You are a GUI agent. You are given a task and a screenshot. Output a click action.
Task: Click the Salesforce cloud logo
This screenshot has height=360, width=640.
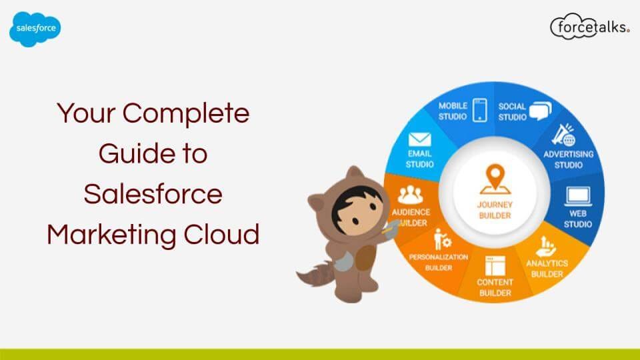point(35,30)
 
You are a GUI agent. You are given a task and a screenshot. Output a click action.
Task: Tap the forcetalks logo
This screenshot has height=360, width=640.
point(589,27)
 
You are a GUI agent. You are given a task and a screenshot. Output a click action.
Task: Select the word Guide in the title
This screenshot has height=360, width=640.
point(131,153)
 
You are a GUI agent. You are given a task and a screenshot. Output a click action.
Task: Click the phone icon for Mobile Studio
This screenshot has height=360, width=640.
point(479,110)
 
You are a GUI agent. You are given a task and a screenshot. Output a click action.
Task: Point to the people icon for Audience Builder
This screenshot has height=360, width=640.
point(411,195)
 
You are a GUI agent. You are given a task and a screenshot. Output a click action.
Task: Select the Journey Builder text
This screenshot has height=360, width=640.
point(495,210)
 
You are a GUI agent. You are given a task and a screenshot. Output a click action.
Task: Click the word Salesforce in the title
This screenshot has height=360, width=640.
point(153,194)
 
